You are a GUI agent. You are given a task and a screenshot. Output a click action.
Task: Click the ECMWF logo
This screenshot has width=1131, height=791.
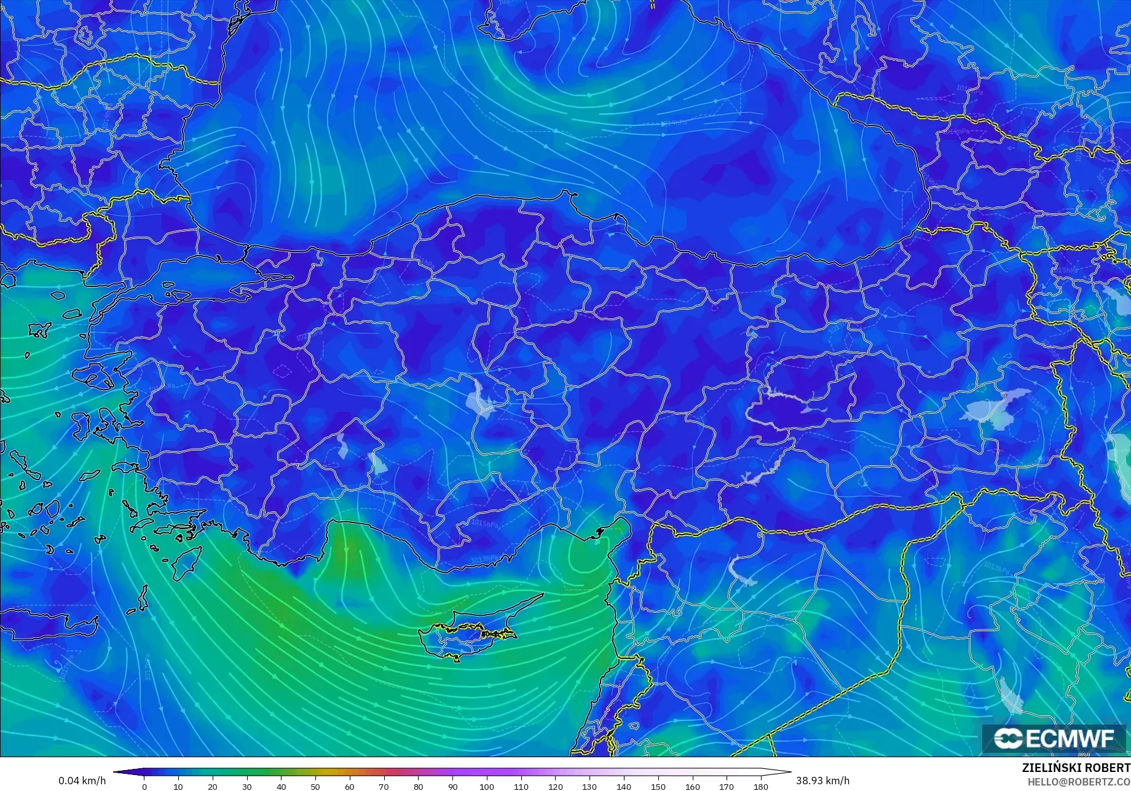[1054, 738]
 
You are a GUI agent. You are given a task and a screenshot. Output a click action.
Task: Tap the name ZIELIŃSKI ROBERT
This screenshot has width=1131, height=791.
[1076, 768]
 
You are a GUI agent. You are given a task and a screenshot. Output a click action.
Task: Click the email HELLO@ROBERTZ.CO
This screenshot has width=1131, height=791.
[1079, 781]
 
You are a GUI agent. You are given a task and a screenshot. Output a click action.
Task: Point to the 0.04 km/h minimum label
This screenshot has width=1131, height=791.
[82, 781]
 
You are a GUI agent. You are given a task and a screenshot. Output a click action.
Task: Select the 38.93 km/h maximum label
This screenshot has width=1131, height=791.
[823, 781]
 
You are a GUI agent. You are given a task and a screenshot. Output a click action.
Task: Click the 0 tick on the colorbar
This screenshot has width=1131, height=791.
[144, 786]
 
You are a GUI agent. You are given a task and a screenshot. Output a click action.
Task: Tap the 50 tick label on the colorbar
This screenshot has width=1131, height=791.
[315, 786]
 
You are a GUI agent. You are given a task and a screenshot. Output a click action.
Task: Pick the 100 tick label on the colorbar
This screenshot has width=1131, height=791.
[486, 786]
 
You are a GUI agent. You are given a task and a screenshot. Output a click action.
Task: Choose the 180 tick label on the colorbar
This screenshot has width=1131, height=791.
[760, 786]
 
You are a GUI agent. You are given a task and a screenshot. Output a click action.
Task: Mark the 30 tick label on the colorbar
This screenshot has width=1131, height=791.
[247, 786]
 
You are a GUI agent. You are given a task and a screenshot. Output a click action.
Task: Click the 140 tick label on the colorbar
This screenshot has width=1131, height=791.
[623, 786]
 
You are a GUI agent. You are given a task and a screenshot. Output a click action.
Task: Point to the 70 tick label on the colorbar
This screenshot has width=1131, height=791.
[384, 786]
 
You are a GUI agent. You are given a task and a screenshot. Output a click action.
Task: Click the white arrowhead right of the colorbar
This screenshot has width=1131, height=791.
[784, 772]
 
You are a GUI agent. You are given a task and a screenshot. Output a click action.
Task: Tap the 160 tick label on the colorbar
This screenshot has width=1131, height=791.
[692, 786]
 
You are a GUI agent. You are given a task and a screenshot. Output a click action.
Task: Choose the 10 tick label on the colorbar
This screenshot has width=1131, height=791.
[178, 786]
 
